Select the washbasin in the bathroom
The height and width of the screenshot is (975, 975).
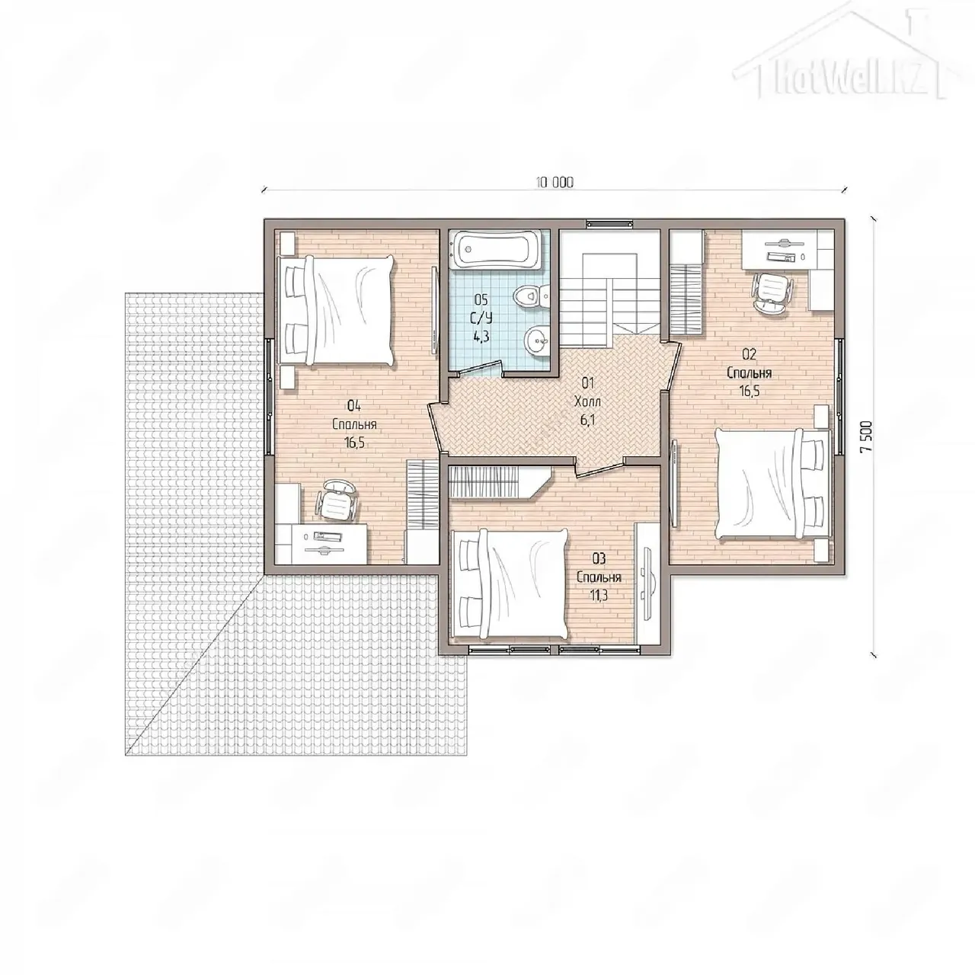(x=536, y=342)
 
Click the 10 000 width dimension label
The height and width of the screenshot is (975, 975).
(x=555, y=183)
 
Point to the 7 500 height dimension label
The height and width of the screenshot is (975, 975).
(x=868, y=436)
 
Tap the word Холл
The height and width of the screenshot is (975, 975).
(x=587, y=401)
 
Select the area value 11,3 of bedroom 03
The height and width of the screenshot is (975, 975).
(x=598, y=595)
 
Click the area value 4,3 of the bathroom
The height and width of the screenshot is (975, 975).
(x=481, y=336)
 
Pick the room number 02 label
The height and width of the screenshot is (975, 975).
(x=749, y=354)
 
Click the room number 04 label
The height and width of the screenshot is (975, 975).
(x=353, y=405)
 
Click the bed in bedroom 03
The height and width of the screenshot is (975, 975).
(x=511, y=583)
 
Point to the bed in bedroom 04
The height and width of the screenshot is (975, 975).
(x=336, y=310)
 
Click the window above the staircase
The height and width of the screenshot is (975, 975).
(x=609, y=224)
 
